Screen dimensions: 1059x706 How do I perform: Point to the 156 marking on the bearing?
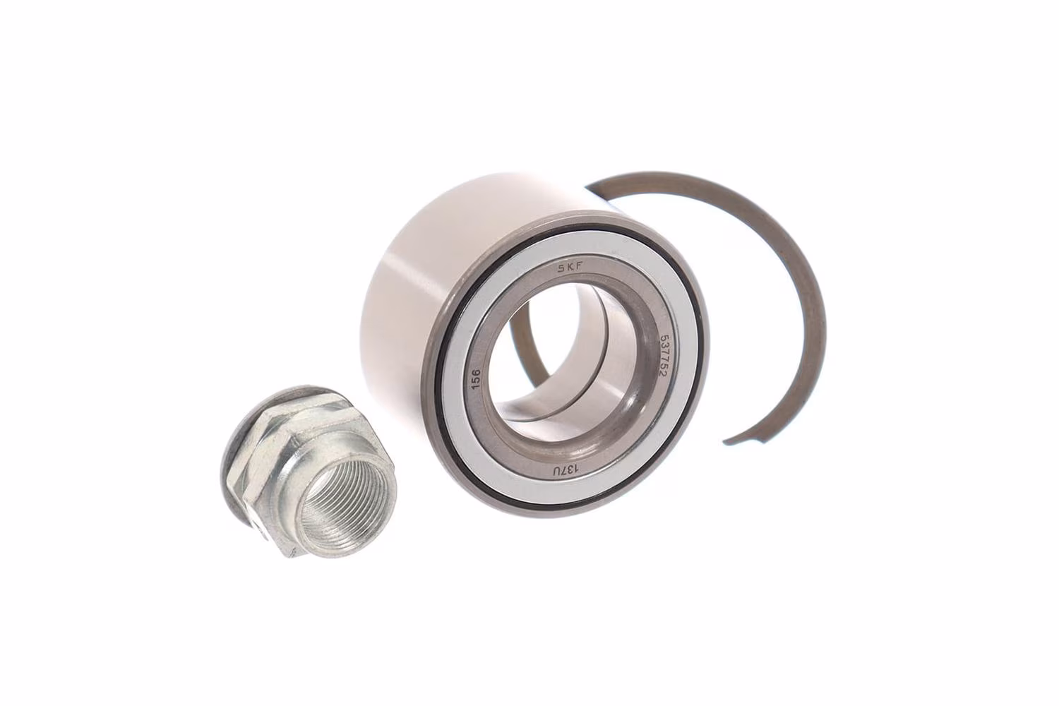tap(476, 379)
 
